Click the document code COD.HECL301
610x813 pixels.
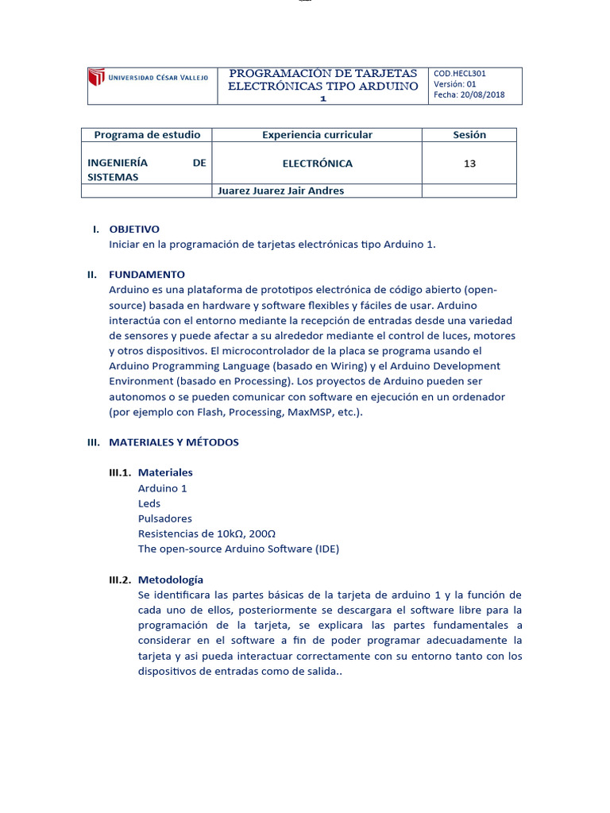[460, 73]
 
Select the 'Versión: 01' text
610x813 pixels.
[455, 84]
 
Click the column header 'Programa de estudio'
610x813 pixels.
[147, 135]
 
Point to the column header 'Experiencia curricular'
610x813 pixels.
[317, 135]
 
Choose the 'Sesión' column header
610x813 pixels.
[469, 135]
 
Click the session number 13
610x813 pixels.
[469, 164]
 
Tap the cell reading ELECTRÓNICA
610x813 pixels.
[317, 164]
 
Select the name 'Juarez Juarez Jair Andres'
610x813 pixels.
[281, 191]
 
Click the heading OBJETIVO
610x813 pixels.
[134, 229]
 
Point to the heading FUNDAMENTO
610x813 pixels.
[147, 275]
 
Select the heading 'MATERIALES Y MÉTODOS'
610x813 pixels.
[173, 442]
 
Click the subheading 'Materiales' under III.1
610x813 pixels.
[165, 472]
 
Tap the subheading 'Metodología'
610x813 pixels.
[171, 580]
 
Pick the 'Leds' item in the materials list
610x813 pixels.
[149, 503]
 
